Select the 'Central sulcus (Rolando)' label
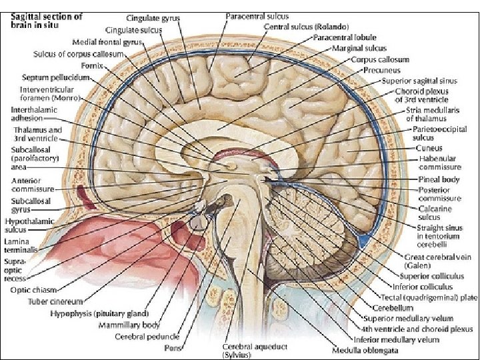click(306, 27)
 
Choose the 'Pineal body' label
click(439, 180)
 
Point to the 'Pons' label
click(192, 347)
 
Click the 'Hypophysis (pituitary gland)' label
click(107, 313)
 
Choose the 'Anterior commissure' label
click(32, 185)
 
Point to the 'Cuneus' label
click(429, 148)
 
